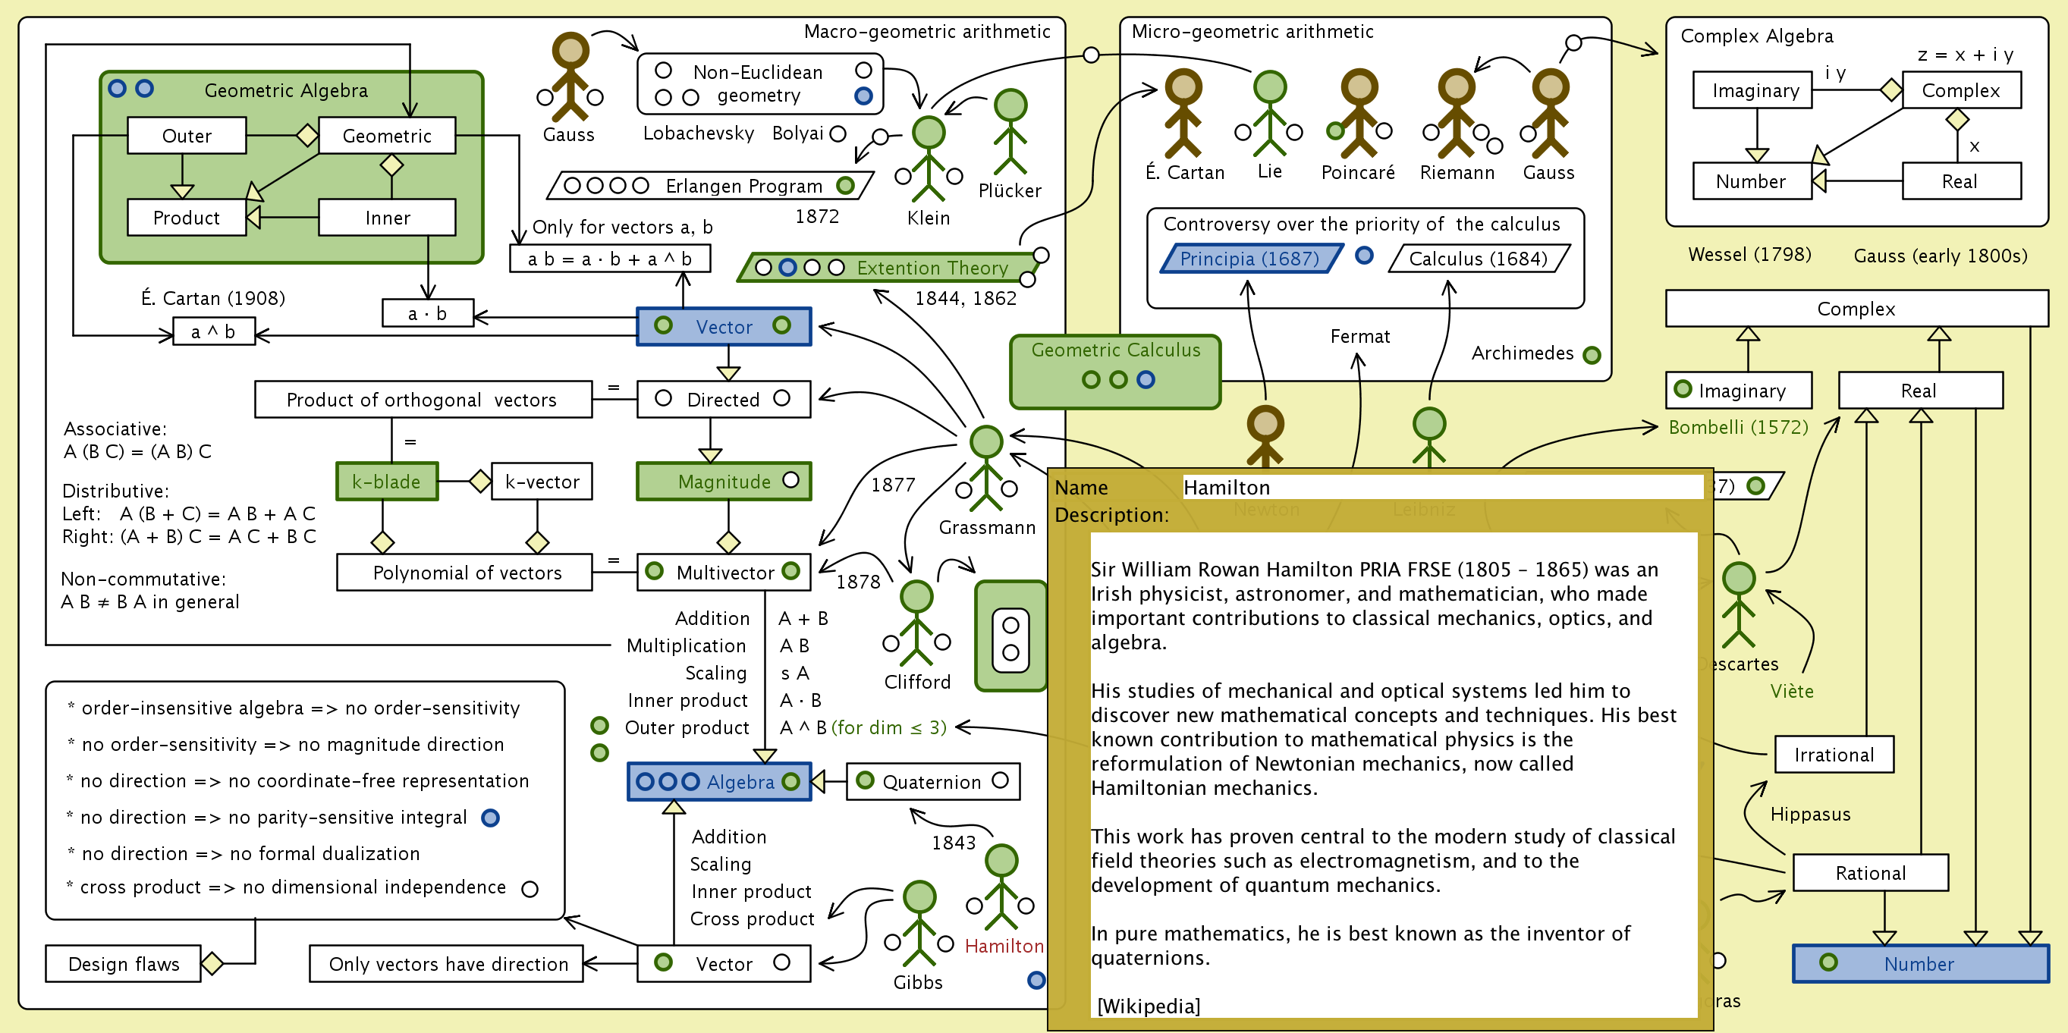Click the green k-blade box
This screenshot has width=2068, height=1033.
(x=387, y=482)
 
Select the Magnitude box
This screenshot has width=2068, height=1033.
(x=723, y=482)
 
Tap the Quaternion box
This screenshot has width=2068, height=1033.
(x=933, y=782)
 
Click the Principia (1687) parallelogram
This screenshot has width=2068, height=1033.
(x=1249, y=259)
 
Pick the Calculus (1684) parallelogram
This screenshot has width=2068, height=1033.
(x=1478, y=259)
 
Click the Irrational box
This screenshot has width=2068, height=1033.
(x=1834, y=755)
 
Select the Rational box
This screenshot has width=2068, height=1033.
(x=1870, y=873)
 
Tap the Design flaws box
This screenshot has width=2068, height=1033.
(x=124, y=964)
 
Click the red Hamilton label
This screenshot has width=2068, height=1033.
(x=1004, y=947)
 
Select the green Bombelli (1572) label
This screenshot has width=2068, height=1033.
(x=1738, y=427)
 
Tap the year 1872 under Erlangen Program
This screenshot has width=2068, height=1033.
(x=816, y=217)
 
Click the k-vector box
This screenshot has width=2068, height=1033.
(x=542, y=482)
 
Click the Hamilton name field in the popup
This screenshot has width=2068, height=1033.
(x=1442, y=487)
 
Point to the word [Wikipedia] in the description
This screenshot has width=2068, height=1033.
(x=1148, y=1006)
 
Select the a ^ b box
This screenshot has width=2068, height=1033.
(x=213, y=331)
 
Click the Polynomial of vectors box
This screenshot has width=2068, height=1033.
(x=466, y=573)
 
